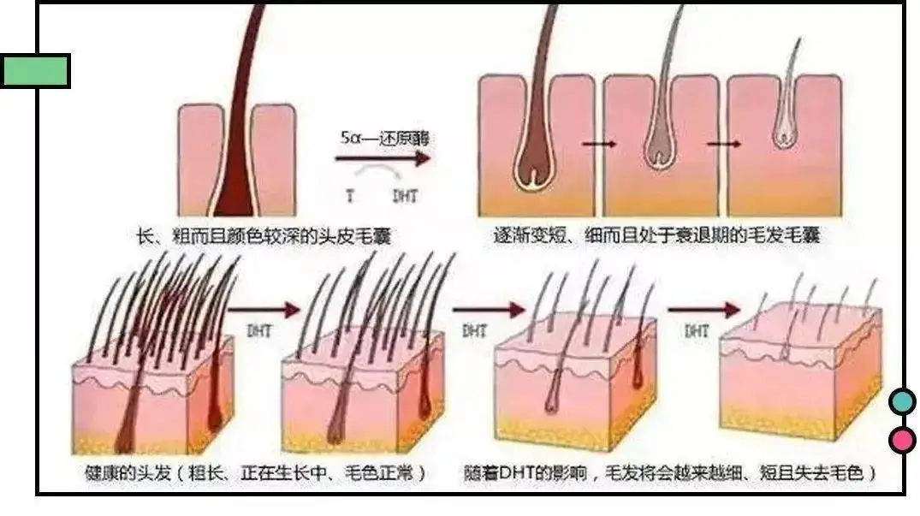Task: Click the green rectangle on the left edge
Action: tap(34, 71)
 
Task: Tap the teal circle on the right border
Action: tap(901, 401)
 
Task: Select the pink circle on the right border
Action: tap(901, 440)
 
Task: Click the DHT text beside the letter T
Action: tap(405, 196)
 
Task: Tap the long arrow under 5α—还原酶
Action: tap(382, 158)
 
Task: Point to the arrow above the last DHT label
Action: tap(703, 309)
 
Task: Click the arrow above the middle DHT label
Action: tap(488, 309)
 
